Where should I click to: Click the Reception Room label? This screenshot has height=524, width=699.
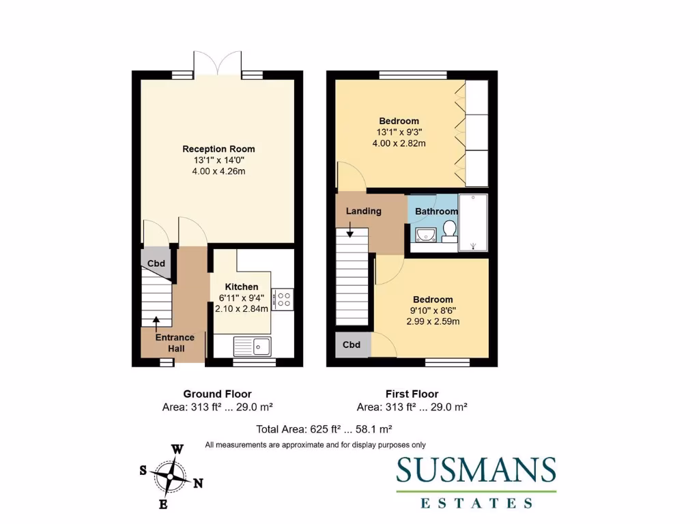[x=218, y=149]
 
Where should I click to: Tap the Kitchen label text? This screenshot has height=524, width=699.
[x=242, y=287]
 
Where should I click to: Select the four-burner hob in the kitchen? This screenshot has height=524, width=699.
[x=283, y=298]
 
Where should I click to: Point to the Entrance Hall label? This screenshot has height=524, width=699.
[x=175, y=343]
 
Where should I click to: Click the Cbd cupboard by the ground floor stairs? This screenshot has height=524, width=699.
[x=156, y=263]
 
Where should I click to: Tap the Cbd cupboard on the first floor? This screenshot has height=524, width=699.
[x=352, y=345]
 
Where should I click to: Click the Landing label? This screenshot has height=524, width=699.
[x=363, y=211]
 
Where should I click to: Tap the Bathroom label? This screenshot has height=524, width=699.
[x=436, y=212]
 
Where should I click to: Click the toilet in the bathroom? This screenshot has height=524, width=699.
[x=448, y=236]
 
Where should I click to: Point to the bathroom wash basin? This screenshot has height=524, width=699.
[x=424, y=236]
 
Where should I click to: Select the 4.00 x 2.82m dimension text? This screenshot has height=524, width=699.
[x=399, y=143]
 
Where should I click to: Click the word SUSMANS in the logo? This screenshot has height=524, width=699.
[x=476, y=470]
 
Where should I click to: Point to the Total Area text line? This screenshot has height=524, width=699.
[x=324, y=429]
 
